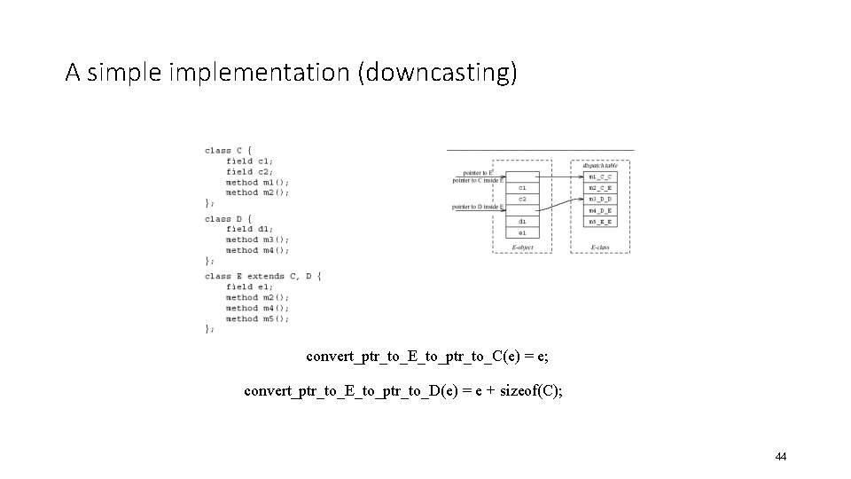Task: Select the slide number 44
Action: click(x=780, y=456)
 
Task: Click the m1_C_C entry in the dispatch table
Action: click(x=599, y=177)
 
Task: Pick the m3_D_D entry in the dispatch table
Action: click(x=599, y=199)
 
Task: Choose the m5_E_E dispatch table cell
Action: click(x=599, y=221)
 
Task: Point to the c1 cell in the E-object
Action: click(x=522, y=188)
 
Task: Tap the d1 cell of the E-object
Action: click(x=522, y=221)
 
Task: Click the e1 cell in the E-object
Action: click(x=522, y=232)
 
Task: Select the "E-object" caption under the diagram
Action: click(x=522, y=247)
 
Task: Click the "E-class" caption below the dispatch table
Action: click(x=600, y=247)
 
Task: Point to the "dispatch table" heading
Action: click(x=600, y=165)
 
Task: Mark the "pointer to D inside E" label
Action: click(x=477, y=207)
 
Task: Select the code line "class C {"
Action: click(x=228, y=150)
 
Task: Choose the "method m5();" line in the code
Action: click(x=257, y=318)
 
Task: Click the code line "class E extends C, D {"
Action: click(x=262, y=276)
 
